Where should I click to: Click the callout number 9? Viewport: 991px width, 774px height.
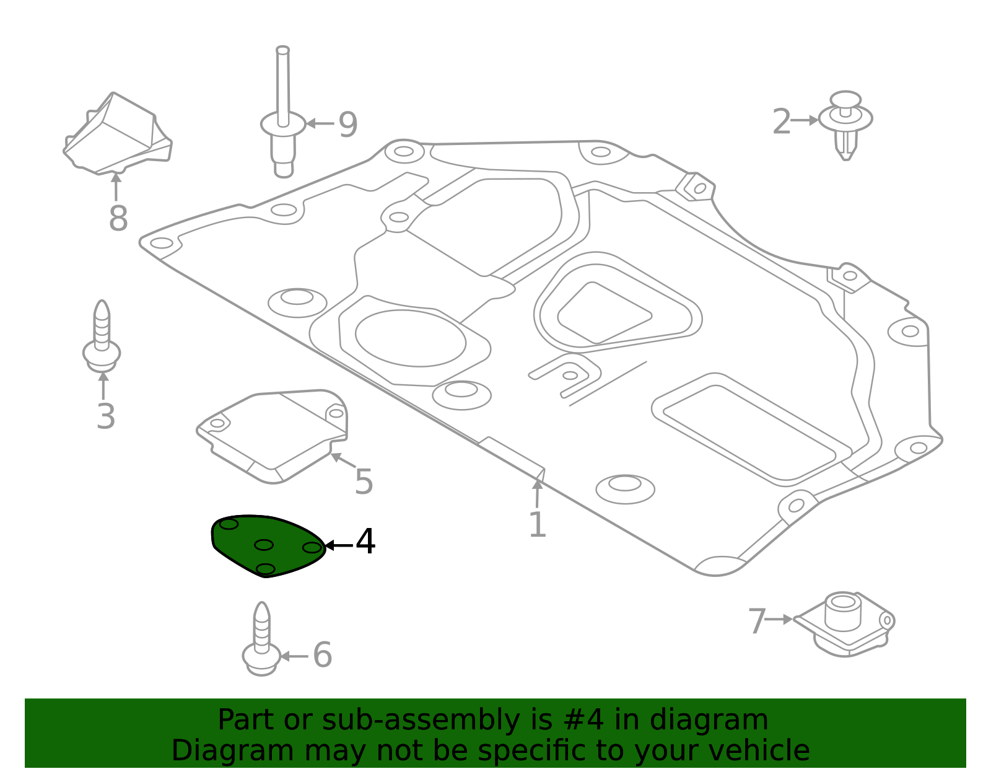click(x=347, y=125)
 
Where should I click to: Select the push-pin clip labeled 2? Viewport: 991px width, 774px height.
click(x=845, y=124)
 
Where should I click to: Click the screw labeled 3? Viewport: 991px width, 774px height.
click(x=102, y=338)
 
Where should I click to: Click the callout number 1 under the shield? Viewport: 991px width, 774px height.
click(x=537, y=525)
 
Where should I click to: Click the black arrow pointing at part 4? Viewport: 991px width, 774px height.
click(x=338, y=545)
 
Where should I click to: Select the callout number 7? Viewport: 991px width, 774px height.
click(x=757, y=622)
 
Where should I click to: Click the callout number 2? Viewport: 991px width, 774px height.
click(x=782, y=122)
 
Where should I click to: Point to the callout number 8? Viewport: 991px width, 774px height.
click(x=118, y=218)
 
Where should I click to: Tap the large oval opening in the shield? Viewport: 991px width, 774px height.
click(x=410, y=338)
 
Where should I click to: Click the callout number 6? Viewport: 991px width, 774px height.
click(x=322, y=655)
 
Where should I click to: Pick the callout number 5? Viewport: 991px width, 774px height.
click(x=364, y=482)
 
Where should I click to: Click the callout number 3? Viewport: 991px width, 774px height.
click(x=106, y=416)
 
